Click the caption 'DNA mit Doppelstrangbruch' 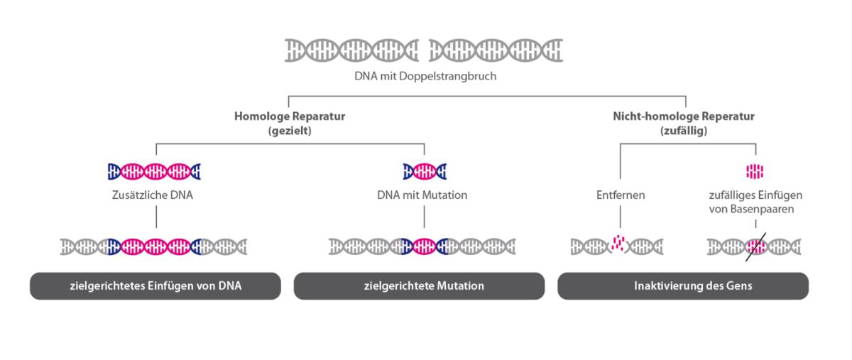click(x=425, y=76)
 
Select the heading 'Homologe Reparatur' click(x=284, y=116)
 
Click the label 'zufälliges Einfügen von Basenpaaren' click(x=755, y=202)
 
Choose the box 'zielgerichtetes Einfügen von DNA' click(x=155, y=286)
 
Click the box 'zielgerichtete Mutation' click(x=420, y=286)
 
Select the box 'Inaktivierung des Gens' click(x=683, y=286)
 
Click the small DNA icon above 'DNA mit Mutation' click(x=425, y=171)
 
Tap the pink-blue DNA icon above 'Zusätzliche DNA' click(x=155, y=171)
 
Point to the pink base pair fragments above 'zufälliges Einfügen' click(x=755, y=171)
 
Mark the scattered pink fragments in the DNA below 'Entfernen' click(x=620, y=245)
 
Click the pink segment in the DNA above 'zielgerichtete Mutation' click(x=425, y=246)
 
